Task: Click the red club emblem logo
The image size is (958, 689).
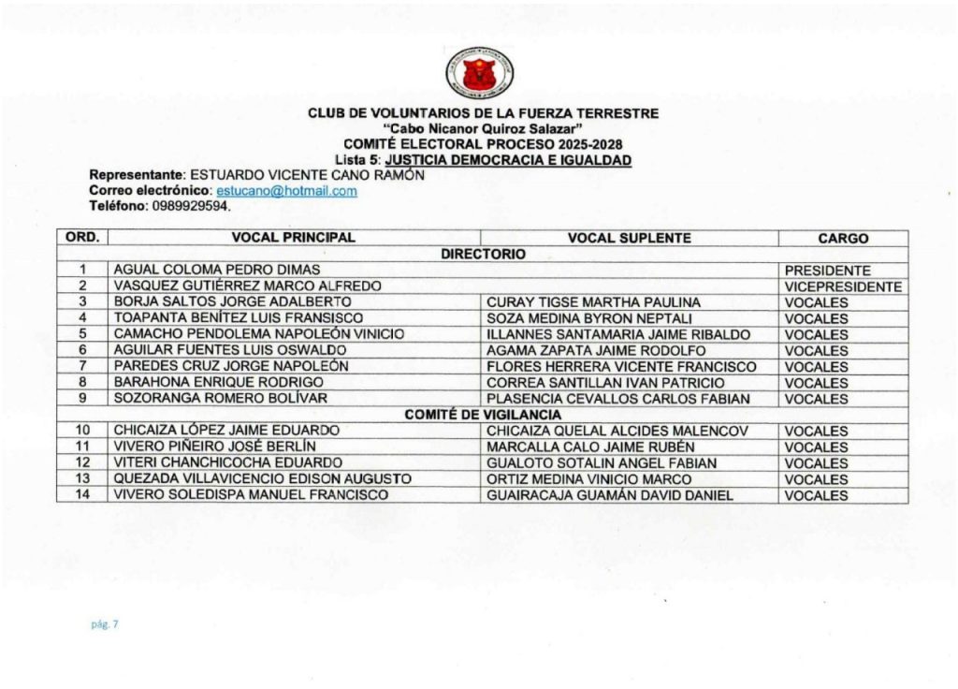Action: point(480,73)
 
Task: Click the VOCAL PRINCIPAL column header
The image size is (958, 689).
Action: point(293,239)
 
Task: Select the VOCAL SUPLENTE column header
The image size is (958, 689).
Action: point(629,239)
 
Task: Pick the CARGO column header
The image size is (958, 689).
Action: point(842,239)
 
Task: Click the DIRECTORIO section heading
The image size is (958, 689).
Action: point(483,254)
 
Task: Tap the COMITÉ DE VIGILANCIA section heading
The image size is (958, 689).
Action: point(483,415)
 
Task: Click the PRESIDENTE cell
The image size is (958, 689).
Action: point(827,271)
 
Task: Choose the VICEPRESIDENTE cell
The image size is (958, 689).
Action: point(843,286)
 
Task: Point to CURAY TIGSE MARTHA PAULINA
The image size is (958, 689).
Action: point(593,302)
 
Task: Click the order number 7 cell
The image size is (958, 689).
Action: point(82,366)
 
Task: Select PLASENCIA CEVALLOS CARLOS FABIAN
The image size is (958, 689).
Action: point(618,399)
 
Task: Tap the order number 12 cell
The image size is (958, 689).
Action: point(82,463)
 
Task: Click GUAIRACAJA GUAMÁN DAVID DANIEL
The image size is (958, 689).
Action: point(610,495)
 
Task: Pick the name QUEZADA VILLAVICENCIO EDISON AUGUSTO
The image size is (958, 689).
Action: point(262,479)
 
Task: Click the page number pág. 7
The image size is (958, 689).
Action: point(104,624)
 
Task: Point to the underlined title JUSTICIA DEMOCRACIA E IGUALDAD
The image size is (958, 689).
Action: point(508,160)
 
